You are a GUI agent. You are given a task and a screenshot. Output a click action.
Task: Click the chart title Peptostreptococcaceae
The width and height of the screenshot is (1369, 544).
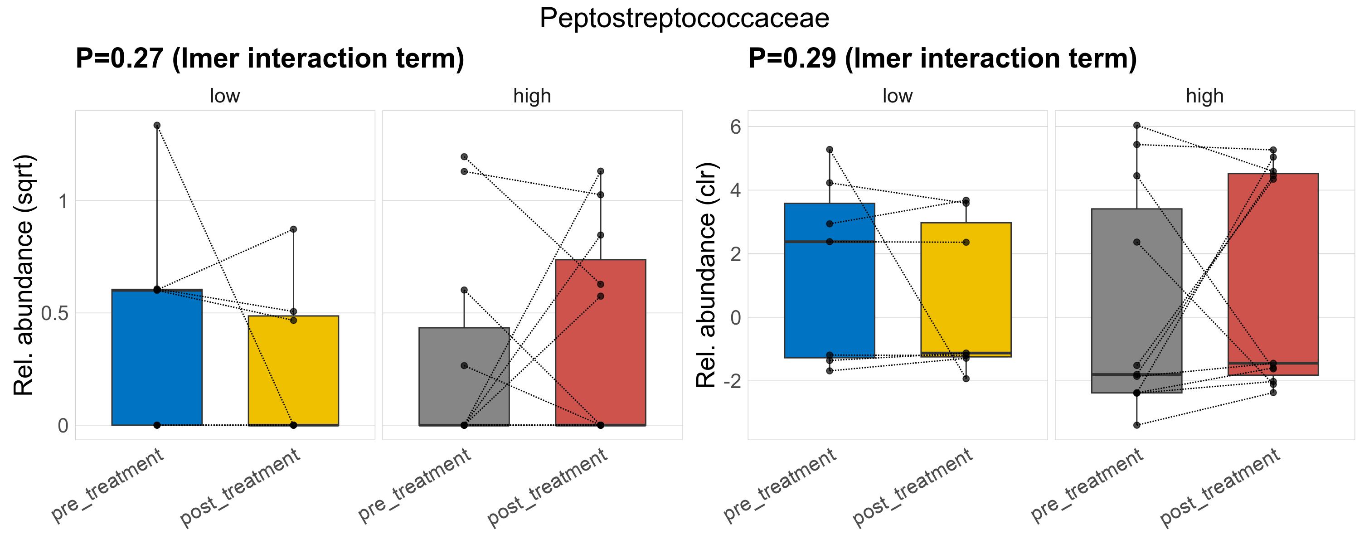[684, 19]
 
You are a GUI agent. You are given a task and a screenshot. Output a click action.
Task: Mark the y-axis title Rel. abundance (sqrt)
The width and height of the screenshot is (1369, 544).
[24, 275]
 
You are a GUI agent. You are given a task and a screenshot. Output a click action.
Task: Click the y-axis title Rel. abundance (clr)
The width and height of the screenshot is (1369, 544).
[706, 275]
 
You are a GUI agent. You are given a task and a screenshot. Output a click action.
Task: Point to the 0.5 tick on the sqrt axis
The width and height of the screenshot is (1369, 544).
[55, 313]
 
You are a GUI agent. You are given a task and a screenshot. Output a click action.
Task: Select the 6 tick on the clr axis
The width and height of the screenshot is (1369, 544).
[736, 127]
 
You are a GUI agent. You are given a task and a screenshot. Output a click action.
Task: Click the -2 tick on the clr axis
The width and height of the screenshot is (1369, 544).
[731, 381]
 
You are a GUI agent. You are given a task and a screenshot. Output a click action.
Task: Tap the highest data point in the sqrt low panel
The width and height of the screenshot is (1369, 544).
[157, 126]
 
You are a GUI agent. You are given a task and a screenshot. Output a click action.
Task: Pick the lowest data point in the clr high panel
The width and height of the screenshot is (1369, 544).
[1137, 425]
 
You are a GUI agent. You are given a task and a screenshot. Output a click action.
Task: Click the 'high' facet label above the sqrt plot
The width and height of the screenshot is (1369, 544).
[532, 96]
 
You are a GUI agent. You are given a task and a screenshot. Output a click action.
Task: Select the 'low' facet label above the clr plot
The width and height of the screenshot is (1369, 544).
[897, 96]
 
